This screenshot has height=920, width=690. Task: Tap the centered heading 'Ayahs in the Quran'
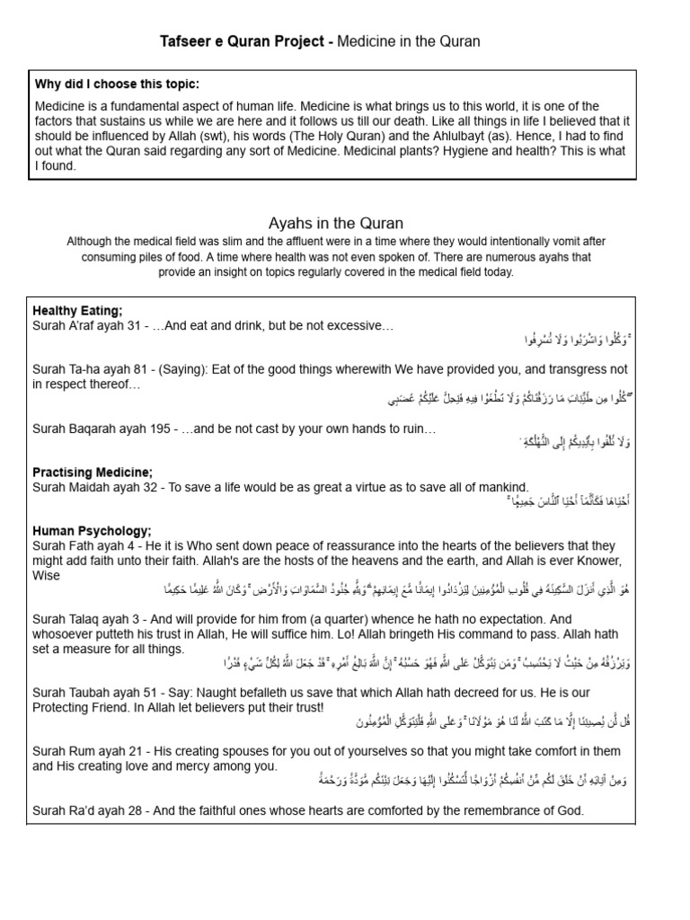coord(335,223)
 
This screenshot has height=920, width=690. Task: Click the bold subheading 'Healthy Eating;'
coord(76,310)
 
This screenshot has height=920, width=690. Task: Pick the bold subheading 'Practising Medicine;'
coord(93,472)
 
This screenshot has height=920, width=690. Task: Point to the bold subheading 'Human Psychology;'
coord(92,531)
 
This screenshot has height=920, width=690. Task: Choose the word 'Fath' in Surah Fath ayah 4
coord(83,545)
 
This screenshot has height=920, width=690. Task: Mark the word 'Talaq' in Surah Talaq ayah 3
coord(86,619)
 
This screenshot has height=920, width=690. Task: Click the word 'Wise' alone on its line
coord(47,575)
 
